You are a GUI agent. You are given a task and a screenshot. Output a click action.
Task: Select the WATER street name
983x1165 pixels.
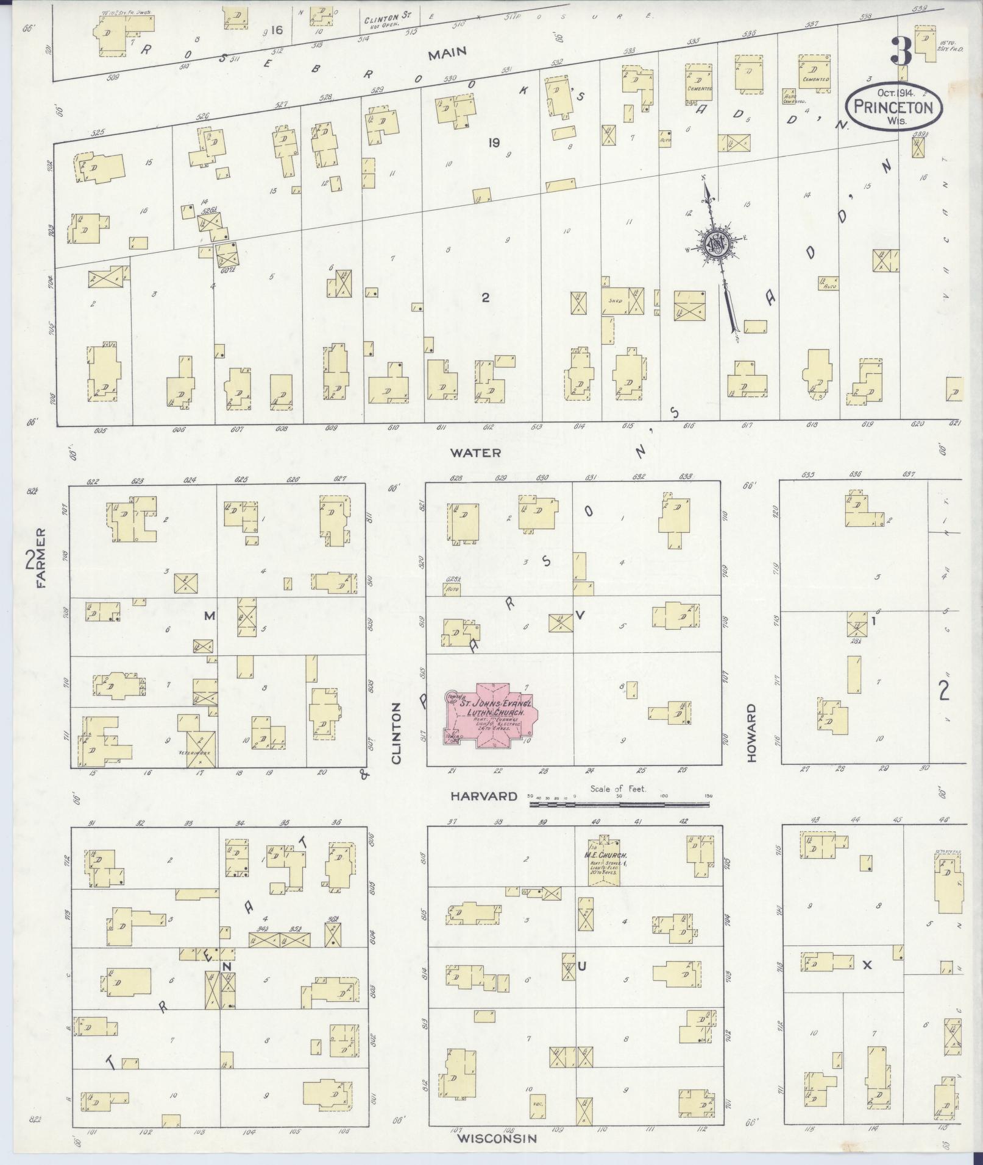click(475, 452)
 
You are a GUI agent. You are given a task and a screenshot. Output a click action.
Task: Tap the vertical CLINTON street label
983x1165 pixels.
click(397, 733)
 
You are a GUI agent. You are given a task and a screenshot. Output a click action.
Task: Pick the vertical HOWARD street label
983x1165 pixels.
click(751, 733)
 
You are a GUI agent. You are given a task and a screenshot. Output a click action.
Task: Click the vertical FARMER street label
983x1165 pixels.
click(41, 558)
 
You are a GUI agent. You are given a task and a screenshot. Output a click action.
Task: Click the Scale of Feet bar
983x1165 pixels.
click(619, 804)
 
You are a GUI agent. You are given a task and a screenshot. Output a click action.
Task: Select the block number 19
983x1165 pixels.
click(494, 143)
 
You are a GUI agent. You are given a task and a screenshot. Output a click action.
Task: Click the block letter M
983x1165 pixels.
click(209, 616)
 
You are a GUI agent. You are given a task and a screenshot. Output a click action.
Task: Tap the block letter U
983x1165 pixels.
click(581, 966)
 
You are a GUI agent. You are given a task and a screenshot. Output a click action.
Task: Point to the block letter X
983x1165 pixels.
click(868, 965)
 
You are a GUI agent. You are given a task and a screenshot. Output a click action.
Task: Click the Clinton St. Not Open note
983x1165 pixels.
click(381, 23)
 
